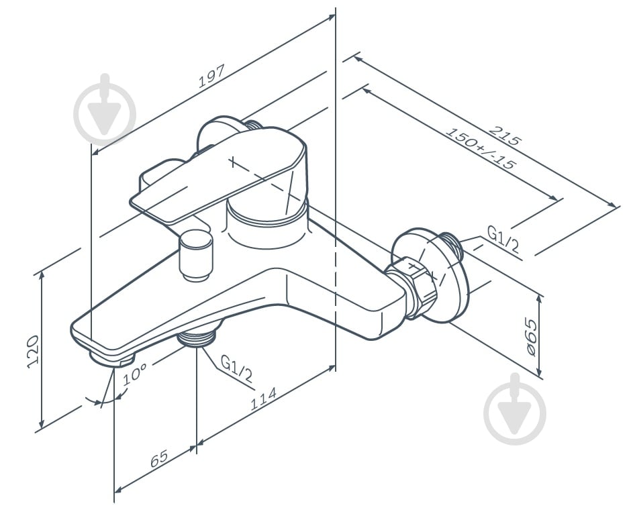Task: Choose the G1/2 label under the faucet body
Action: pyautogui.click(x=237, y=370)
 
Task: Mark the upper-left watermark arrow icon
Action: pyautogui.click(x=105, y=109)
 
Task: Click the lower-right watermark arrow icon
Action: pyautogui.click(x=515, y=409)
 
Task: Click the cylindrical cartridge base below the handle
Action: pyautogui.click(x=265, y=225)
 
